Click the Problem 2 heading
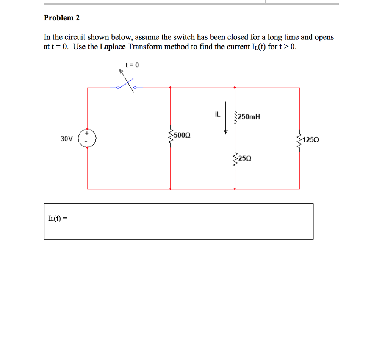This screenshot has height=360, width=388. (62, 18)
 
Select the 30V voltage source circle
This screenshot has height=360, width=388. (88, 138)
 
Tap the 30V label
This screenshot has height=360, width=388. (66, 139)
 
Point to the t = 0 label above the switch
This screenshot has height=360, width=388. (132, 65)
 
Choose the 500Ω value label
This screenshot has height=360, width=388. (182, 135)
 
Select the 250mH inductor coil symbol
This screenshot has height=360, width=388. (235, 117)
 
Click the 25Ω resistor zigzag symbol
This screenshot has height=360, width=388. (235, 161)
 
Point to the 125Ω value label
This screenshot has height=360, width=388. (311, 140)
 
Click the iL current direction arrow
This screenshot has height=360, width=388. (226, 118)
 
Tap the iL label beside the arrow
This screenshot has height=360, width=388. (217, 113)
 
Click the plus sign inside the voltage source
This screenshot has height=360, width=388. (87, 134)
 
